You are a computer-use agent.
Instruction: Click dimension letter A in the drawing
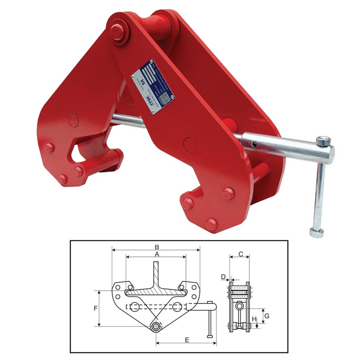[156, 254]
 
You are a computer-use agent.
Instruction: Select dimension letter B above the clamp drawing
[156, 247]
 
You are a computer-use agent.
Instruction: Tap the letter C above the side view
[240, 254]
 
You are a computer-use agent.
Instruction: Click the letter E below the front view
[186, 340]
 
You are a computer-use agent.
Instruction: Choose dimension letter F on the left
[95, 309]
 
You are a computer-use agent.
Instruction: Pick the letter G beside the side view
[266, 316]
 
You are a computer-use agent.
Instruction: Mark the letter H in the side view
[254, 320]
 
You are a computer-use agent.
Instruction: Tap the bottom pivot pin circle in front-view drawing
[156, 326]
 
